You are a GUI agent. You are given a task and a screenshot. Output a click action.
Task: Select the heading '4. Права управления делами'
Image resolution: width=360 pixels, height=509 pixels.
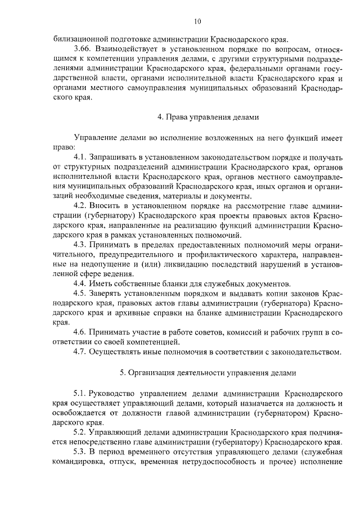(208, 118)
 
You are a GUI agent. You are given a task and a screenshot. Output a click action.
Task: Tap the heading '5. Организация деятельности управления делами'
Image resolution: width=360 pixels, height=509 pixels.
(208, 372)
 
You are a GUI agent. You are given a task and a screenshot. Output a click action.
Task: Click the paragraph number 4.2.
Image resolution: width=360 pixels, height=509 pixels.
(80, 206)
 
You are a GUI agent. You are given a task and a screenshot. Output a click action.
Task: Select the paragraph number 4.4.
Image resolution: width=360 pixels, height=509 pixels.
(80, 283)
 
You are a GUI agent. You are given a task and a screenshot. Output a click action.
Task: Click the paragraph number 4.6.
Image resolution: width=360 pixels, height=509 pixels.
(80, 332)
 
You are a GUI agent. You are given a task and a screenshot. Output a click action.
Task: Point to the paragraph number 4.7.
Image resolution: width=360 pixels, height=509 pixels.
(80, 352)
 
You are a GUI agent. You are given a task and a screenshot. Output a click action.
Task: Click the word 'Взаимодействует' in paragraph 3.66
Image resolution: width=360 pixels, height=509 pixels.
(129, 49)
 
